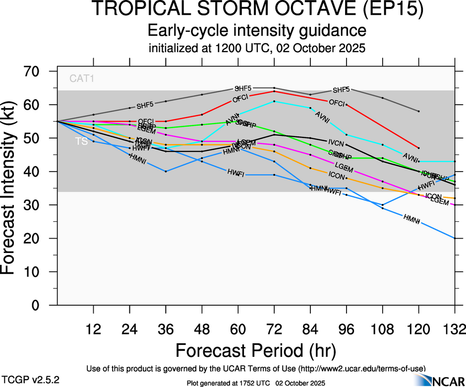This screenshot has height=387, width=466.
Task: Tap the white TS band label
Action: point(81,141)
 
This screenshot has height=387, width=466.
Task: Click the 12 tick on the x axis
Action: point(93,328)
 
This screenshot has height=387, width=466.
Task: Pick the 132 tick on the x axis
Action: point(454,328)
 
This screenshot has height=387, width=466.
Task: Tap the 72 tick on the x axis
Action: point(274,328)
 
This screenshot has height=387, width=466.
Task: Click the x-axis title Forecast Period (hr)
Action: point(256,351)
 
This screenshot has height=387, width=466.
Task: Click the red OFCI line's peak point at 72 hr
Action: point(274,91)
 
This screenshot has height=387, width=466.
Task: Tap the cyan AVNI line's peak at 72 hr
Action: point(274,101)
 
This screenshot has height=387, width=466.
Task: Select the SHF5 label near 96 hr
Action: point(341,90)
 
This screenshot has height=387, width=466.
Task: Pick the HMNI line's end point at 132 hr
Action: point(455,238)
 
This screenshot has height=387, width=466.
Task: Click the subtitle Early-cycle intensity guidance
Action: point(257,31)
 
